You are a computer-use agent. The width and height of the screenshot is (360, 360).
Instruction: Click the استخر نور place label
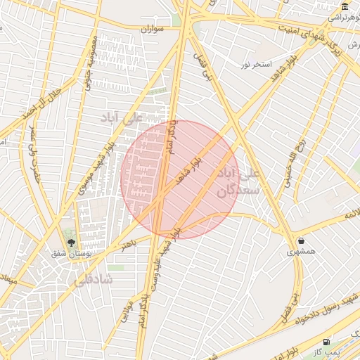coord(255,65)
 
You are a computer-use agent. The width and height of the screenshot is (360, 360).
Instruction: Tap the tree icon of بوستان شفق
coord(71,242)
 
